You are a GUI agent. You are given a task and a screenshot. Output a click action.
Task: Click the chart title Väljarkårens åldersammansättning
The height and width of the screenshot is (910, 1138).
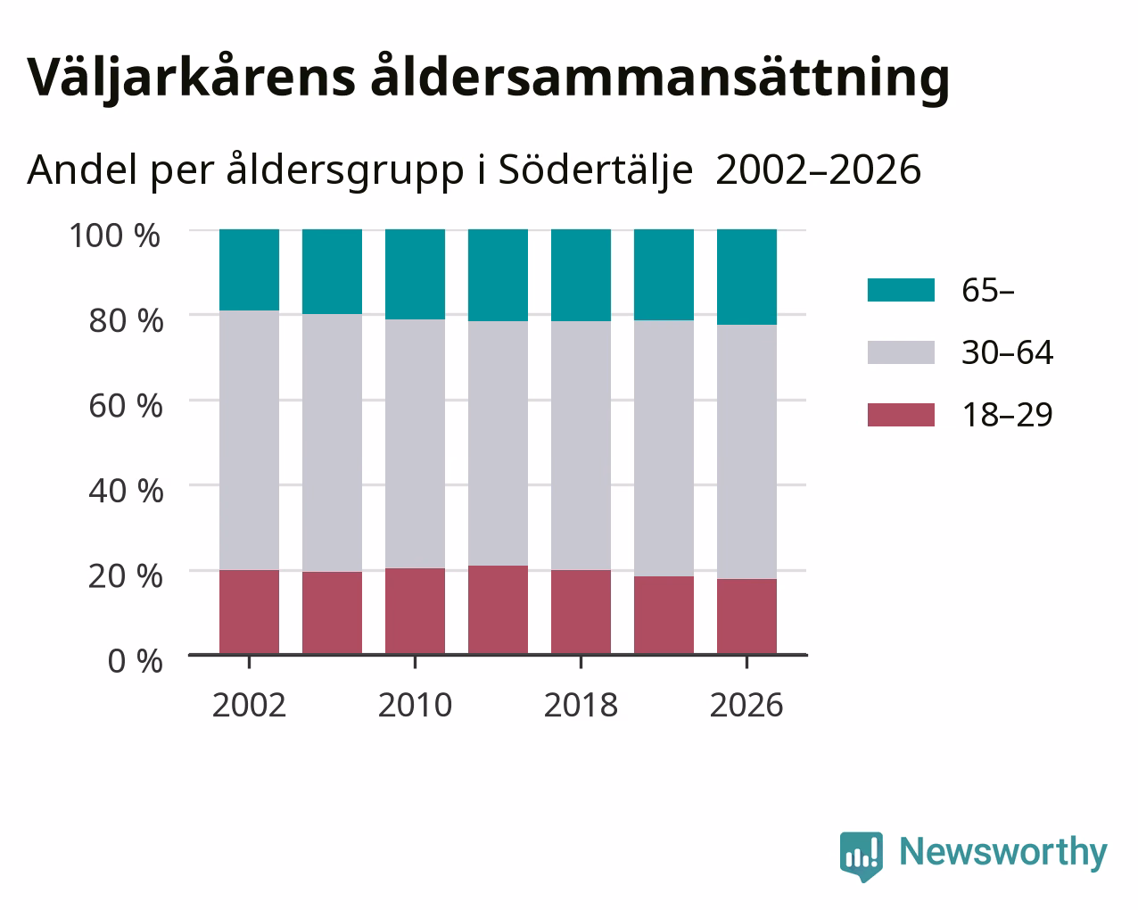[488, 79]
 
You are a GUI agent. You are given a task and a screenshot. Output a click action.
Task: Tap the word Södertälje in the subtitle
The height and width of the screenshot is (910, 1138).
[596, 170]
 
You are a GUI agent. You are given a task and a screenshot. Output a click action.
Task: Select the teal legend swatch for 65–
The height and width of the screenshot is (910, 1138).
[901, 290]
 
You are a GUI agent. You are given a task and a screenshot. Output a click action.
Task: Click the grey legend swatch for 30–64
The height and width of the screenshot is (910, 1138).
[901, 352]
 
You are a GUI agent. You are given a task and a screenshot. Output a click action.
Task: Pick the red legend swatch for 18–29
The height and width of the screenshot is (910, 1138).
[901, 415]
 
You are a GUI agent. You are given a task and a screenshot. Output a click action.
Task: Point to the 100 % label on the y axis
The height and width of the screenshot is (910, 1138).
[114, 236]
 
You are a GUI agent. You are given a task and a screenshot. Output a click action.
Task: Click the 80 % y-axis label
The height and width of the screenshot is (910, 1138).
[126, 320]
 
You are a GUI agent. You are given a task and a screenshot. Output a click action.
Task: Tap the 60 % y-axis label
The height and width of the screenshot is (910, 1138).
[126, 406]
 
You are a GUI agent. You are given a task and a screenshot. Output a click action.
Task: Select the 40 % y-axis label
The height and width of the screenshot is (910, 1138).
[126, 491]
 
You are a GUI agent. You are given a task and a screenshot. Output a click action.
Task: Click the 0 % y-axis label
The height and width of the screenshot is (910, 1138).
[135, 661]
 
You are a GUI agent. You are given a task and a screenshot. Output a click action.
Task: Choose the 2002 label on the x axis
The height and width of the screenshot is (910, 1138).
[249, 705]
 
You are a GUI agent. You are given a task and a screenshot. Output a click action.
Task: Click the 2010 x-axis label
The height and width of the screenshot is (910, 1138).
[415, 705]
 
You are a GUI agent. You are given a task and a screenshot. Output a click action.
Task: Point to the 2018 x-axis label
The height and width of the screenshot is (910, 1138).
[581, 705]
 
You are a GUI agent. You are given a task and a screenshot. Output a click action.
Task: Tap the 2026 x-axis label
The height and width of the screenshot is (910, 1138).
[746, 705]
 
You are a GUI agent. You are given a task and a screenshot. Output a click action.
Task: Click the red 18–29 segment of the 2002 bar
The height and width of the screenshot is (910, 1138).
[249, 612]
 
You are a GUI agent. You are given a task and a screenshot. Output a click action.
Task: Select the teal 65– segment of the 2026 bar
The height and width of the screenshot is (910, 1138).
[746, 277]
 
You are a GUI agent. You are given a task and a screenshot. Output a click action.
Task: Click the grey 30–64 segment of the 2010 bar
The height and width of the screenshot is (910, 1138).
[415, 444]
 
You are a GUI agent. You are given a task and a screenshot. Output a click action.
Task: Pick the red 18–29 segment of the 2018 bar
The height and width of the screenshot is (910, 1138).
[581, 612]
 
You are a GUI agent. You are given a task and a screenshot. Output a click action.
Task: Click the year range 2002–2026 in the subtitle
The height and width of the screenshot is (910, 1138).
[818, 170]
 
